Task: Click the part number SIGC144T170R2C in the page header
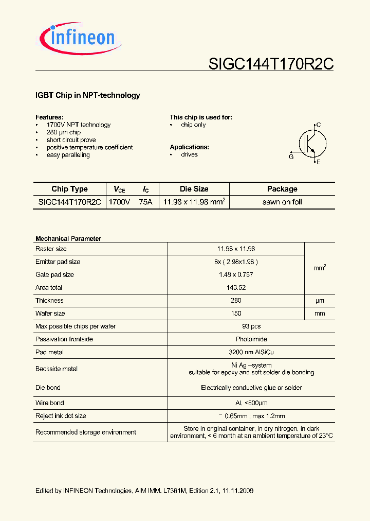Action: click(271, 64)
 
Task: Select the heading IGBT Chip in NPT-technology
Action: click(87, 95)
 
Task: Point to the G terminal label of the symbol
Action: click(291, 157)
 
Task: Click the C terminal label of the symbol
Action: click(319, 125)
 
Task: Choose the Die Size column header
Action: click(194, 189)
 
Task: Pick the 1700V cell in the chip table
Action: click(119, 202)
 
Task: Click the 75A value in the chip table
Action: click(146, 202)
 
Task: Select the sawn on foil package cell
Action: click(282, 202)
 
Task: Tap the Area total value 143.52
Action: click(236, 288)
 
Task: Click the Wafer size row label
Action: click(50, 314)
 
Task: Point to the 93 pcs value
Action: click(236, 326)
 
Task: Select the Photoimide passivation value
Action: click(236, 339)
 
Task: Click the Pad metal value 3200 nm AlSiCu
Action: click(236, 352)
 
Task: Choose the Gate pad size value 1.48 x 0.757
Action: click(236, 275)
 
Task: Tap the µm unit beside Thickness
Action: click(320, 301)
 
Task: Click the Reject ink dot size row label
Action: click(61, 416)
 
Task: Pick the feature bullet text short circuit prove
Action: click(71, 140)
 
